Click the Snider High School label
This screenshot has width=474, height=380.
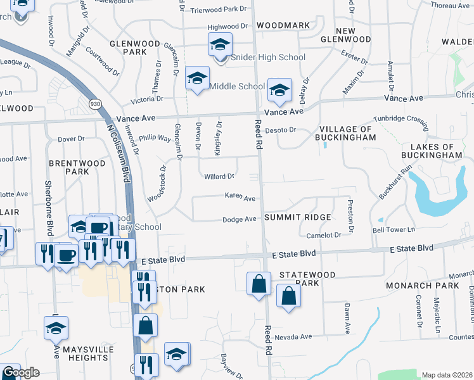click(266, 58)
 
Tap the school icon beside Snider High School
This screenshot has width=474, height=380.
click(219, 45)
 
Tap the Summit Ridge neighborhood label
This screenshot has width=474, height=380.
click(297, 217)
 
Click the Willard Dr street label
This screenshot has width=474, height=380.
click(219, 177)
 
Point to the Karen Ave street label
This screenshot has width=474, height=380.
click(240, 197)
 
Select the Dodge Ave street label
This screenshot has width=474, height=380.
click(239, 220)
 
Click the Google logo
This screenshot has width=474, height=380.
click(20, 372)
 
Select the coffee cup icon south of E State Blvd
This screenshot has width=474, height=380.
click(66, 255)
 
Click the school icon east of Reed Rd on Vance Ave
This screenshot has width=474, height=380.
click(279, 89)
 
